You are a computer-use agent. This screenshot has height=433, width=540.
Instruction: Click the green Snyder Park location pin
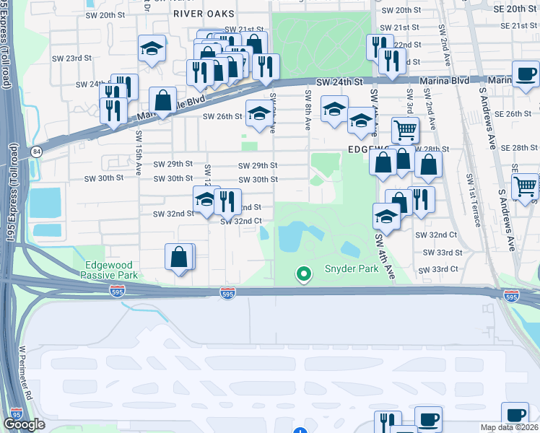304,274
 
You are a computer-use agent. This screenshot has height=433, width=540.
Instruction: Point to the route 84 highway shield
36,151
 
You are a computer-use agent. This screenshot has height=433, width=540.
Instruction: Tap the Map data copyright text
510,427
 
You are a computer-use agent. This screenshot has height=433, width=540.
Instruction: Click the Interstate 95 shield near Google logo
17,413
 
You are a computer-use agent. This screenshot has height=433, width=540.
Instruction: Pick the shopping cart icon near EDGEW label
405,131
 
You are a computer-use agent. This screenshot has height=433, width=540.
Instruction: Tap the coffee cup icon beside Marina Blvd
525,74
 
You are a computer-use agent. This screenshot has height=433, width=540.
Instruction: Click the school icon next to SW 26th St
260,113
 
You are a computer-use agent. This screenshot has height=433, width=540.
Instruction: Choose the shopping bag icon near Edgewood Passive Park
179,256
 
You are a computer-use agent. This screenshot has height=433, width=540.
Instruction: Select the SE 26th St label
513,114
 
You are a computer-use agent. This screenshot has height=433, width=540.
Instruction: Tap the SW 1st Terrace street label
473,198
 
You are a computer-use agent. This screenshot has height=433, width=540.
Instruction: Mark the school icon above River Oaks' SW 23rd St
152,48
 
